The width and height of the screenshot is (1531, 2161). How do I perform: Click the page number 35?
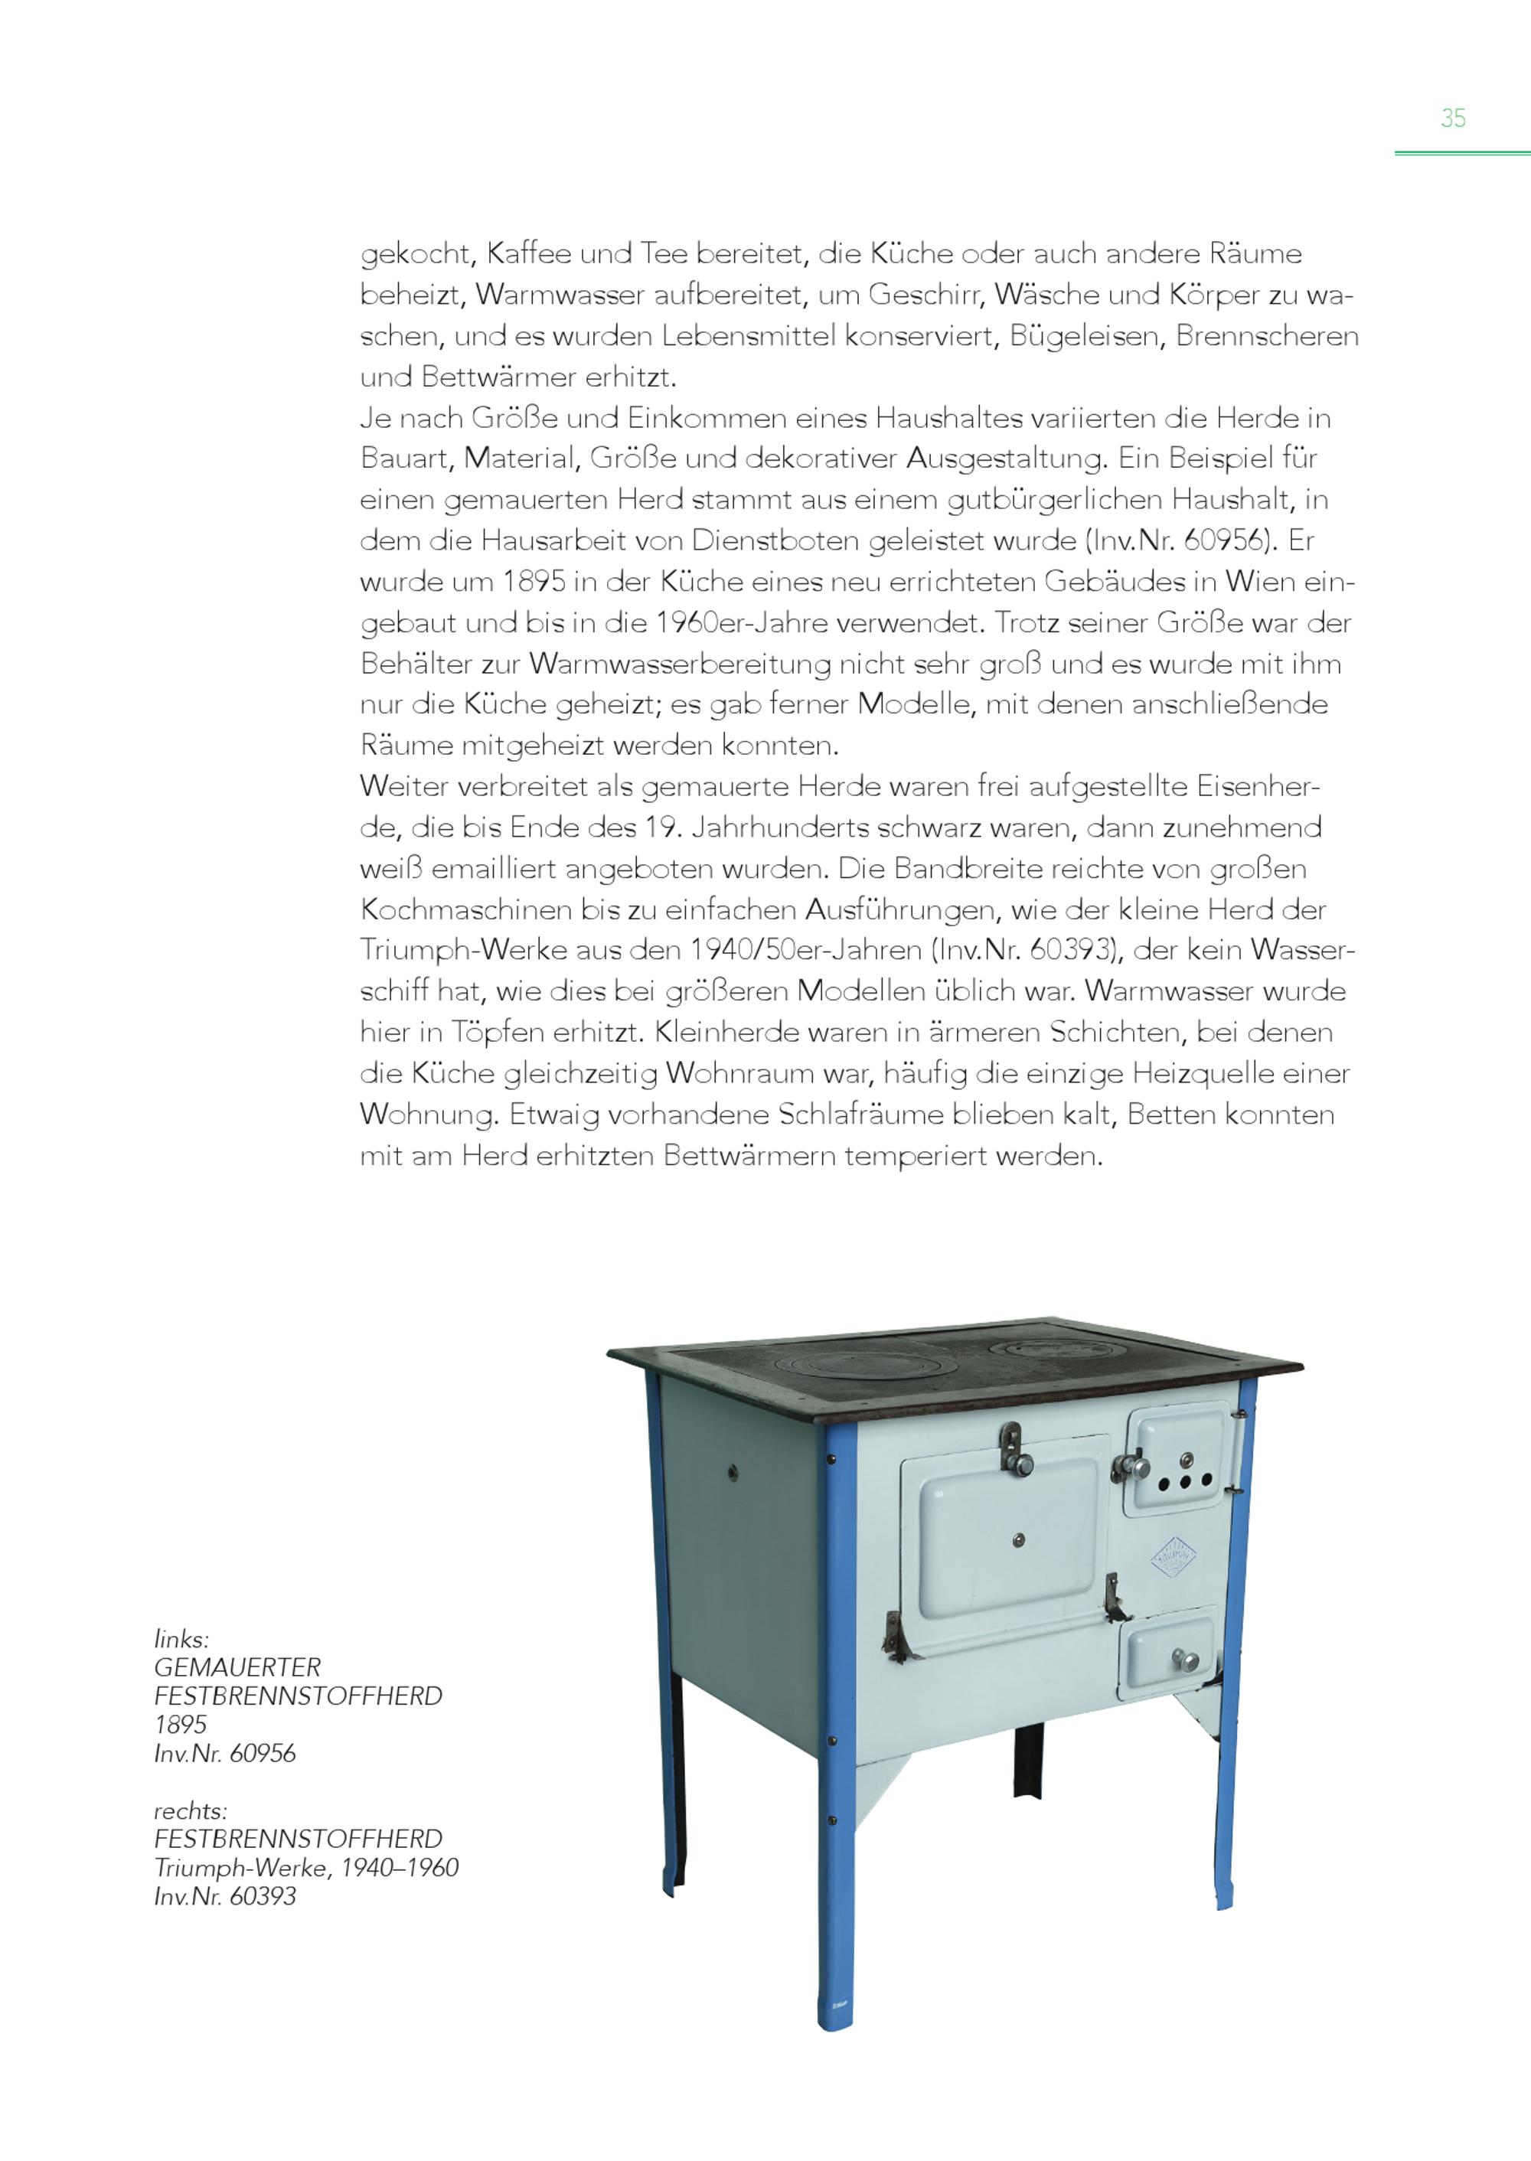[x=1453, y=118]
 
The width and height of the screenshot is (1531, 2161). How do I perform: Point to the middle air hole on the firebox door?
[x=1185, y=1481]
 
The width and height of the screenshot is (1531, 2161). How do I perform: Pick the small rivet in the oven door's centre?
[x=1018, y=1541]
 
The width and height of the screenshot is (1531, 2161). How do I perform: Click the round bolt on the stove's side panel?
[x=733, y=1474]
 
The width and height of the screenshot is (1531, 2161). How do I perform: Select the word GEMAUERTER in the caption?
[x=237, y=1667]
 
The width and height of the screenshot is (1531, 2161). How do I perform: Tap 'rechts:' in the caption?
[x=190, y=1810]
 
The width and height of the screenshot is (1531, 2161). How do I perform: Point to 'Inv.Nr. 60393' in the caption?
[x=224, y=1896]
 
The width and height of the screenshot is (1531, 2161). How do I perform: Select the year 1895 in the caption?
[x=180, y=1725]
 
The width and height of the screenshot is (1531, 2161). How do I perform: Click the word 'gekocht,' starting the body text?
[x=415, y=255]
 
